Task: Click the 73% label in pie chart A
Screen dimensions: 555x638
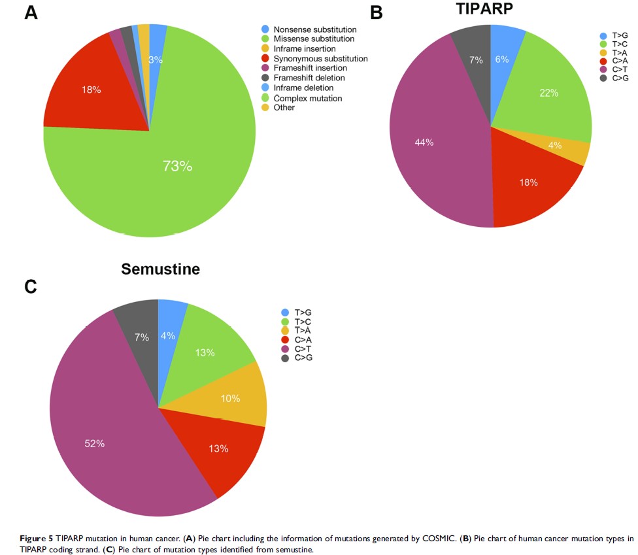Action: (177, 166)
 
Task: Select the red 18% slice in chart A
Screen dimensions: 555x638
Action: (92, 90)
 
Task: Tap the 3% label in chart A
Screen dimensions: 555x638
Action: (156, 59)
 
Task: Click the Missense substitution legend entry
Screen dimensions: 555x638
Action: (314, 39)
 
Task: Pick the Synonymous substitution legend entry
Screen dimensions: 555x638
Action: (320, 59)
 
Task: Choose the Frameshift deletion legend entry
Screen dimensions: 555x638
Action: (310, 78)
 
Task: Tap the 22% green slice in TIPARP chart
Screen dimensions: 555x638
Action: (549, 93)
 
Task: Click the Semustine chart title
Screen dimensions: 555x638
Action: (160, 269)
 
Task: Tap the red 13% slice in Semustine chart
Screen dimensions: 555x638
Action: (218, 448)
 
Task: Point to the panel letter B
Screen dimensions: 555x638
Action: (377, 12)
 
